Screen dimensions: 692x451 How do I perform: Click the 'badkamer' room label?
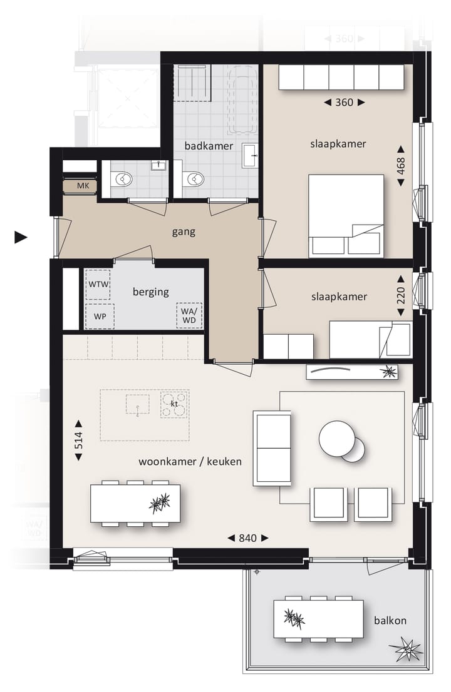209,146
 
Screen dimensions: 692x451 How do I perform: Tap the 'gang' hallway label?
184,232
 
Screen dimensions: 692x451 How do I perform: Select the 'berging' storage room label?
151,292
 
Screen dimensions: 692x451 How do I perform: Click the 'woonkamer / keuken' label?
190,462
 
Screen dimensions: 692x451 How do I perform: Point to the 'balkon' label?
390,621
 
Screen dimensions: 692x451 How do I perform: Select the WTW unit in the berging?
98,285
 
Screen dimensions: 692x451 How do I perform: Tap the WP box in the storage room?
100,316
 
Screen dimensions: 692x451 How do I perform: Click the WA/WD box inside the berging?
189,316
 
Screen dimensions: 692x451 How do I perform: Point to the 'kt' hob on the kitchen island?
175,404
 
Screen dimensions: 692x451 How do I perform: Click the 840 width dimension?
247,537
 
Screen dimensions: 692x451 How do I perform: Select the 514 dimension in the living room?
78,440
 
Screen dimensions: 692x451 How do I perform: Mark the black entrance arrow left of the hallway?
21,237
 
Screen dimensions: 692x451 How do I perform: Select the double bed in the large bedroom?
346,216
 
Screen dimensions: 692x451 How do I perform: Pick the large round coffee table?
336,438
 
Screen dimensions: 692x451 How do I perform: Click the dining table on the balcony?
318,619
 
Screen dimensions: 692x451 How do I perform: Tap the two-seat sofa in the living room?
272,448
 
